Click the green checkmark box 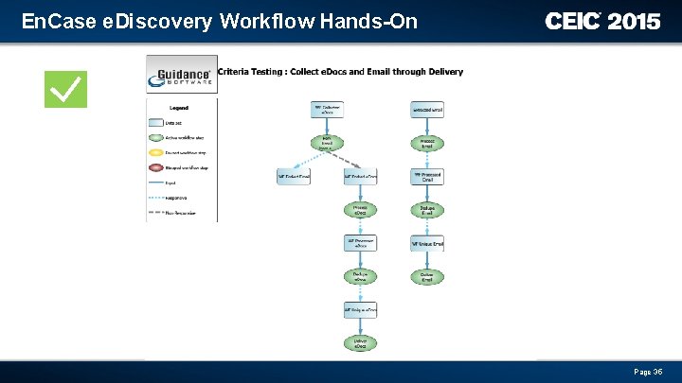(x=65, y=89)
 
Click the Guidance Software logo (x=181, y=74)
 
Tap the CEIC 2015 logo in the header (x=602, y=21)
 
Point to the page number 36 (x=648, y=372)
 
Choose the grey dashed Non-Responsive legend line (x=155, y=213)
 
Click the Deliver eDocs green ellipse (x=361, y=344)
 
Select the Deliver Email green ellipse (x=427, y=277)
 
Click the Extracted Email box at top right (x=427, y=111)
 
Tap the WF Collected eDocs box (x=327, y=111)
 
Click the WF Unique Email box (x=427, y=244)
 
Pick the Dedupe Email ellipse (x=427, y=210)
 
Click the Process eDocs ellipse (x=361, y=210)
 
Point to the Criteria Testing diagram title (x=341, y=72)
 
